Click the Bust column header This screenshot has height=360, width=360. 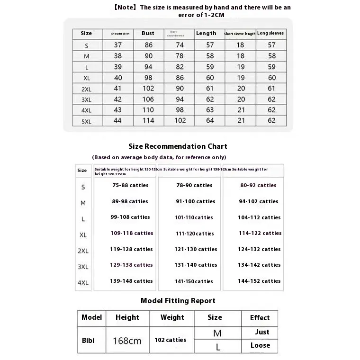148,33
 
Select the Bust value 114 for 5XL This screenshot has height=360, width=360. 148,120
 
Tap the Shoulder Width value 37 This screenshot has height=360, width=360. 117,45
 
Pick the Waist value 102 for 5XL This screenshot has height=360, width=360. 180,120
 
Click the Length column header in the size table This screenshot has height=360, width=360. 206,33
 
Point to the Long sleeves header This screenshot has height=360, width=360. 271,33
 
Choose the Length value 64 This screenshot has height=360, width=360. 210,120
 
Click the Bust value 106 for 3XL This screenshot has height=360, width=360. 148,99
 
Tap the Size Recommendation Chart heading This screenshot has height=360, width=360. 178,146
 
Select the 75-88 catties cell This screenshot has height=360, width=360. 130,185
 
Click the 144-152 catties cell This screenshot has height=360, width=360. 259,281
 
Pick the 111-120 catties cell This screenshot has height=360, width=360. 195,234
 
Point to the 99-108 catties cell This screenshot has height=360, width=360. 130,217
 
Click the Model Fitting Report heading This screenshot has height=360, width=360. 178,301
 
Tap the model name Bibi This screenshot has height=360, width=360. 88,340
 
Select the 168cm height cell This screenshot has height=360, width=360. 127,341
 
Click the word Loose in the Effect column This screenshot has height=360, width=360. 260,345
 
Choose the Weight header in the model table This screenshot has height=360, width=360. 172,317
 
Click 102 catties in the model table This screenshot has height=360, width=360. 170,340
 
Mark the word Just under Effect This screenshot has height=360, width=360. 262,332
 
